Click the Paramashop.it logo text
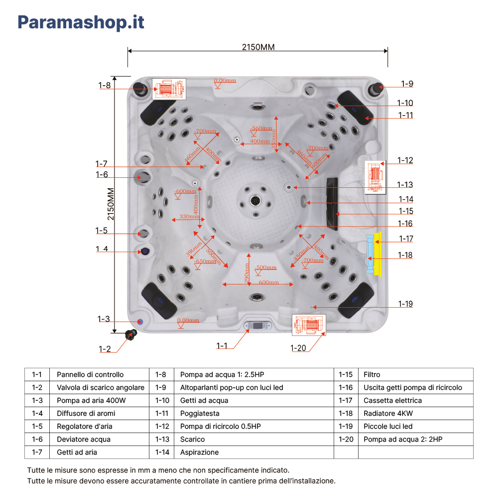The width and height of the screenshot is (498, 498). (x=81, y=22)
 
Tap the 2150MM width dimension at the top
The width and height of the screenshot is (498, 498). (x=258, y=47)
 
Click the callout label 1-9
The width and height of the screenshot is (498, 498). (x=407, y=84)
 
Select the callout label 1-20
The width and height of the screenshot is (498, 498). (x=298, y=348)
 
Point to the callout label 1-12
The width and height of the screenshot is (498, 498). (x=405, y=160)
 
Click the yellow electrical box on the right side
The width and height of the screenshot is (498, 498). (x=377, y=253)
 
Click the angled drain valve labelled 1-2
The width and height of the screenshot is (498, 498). (x=132, y=334)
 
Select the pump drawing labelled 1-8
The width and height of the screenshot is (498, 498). (x=169, y=89)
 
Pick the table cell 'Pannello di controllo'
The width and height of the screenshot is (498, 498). (x=90, y=374)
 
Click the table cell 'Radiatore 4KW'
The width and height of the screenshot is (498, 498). (x=388, y=413)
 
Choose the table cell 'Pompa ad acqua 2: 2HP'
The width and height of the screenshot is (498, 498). (x=402, y=439)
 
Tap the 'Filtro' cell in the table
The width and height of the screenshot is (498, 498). (x=372, y=374)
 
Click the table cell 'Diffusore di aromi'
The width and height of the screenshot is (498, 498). (x=86, y=413)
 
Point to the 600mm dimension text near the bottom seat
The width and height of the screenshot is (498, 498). (x=269, y=282)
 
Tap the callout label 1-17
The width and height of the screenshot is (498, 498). (x=406, y=239)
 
